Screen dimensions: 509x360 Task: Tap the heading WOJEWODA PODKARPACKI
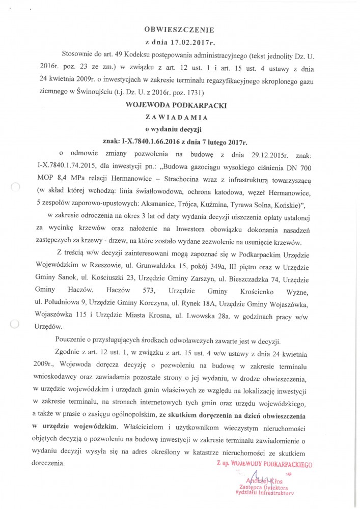click(179, 105)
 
